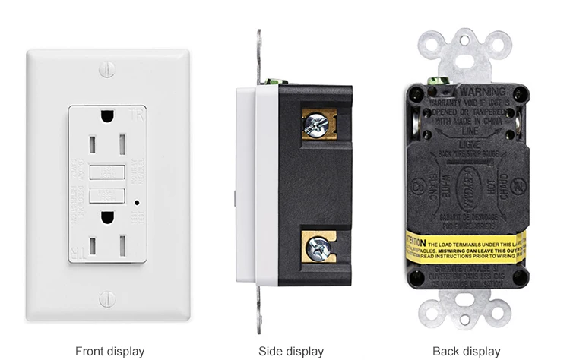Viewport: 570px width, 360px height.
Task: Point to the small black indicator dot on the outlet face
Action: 135,203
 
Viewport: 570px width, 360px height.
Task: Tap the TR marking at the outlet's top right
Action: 137,115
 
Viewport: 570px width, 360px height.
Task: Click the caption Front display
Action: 109,351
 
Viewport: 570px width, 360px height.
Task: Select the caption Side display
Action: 291,351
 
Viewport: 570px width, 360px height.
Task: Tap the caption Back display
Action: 467,351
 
